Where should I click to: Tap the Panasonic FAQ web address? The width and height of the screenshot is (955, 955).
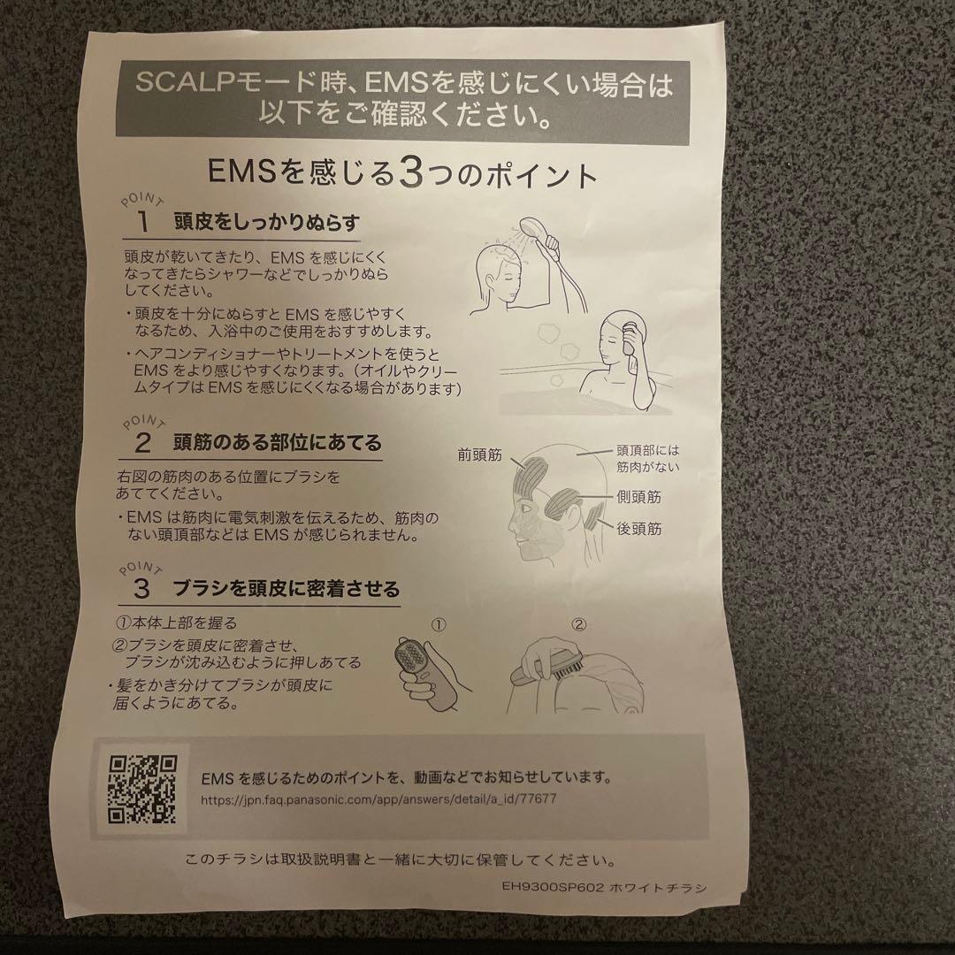379,798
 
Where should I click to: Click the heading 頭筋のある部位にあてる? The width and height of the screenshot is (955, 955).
279,441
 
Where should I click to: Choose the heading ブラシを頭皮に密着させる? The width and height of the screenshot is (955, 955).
287,587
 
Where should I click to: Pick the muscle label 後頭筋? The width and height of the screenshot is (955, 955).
638,529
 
